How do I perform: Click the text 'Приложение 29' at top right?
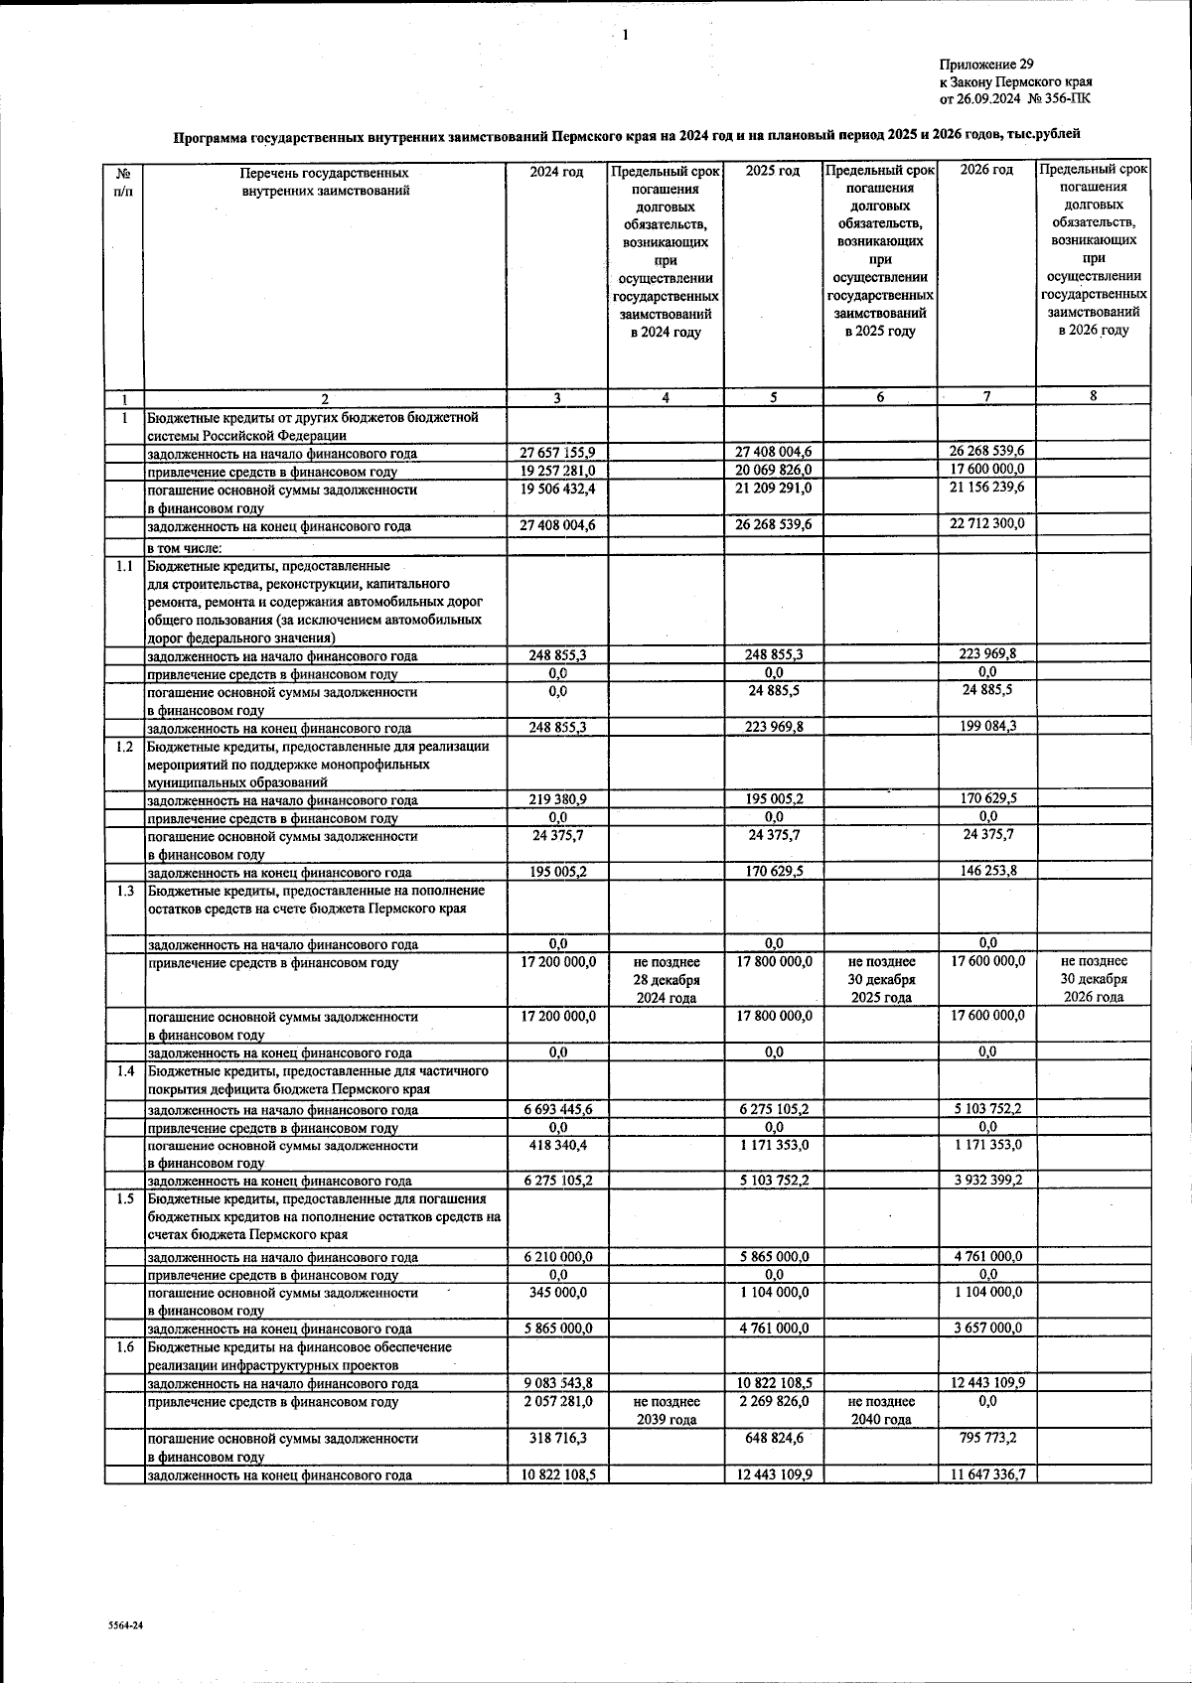coord(985,65)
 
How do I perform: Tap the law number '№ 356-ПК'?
coord(1062,97)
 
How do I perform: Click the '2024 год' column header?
coord(556,171)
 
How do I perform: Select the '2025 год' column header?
coord(772,171)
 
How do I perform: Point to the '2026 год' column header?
coord(986,170)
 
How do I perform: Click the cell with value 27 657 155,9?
coord(557,453)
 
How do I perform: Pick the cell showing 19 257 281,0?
coord(557,471)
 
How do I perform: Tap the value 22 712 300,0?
coord(986,523)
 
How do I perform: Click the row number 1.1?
coord(124,566)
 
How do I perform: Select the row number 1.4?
coord(124,1071)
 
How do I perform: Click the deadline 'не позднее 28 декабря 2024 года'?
coord(666,979)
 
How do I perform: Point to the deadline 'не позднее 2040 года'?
coord(880,1410)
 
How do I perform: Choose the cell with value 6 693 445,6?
coord(557,1109)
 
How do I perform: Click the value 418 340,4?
coord(557,1145)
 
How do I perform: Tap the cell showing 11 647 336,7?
coord(986,1474)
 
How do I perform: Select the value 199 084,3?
coord(986,726)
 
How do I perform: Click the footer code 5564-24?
coord(126,1625)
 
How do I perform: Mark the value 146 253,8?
coord(986,871)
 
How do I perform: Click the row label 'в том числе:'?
coord(185,548)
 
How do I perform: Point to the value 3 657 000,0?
coord(986,1328)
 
